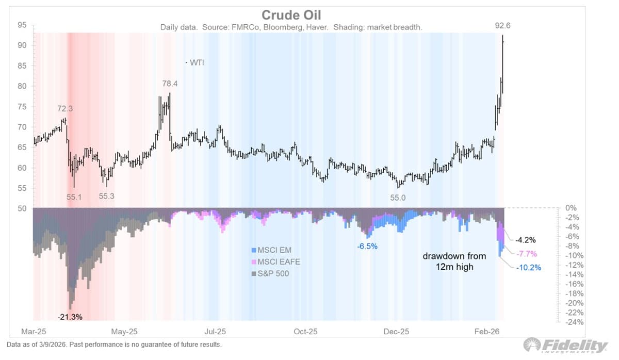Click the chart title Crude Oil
(x=291, y=15)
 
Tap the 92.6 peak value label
(x=503, y=25)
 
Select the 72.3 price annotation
(x=65, y=109)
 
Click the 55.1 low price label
(x=73, y=197)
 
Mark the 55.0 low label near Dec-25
(x=397, y=197)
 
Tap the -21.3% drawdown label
(x=70, y=316)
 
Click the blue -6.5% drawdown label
(x=367, y=247)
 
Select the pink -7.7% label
(x=526, y=253)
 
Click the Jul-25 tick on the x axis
(x=215, y=332)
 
